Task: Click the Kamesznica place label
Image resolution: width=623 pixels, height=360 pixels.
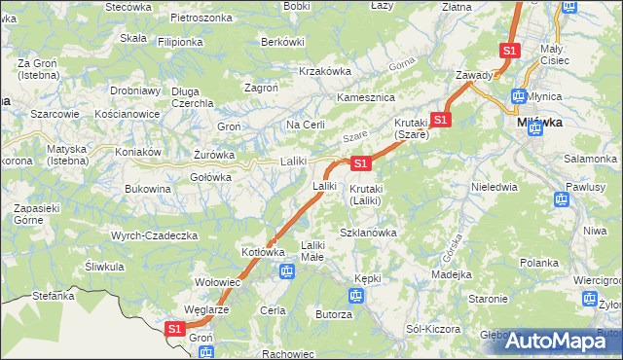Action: pos(364,98)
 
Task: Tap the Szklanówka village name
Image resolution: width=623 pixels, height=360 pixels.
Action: pos(368,233)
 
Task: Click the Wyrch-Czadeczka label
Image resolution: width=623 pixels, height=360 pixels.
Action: pos(155,235)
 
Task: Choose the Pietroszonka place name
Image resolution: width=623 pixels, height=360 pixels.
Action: pos(201,18)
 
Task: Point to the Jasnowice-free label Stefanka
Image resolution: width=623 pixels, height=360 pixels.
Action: pos(54,295)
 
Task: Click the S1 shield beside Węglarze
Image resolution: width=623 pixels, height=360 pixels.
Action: pos(174,330)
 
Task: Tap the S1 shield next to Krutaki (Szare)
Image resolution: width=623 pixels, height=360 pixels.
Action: pos(441,120)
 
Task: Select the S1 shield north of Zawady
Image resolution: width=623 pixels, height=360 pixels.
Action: pos(509,50)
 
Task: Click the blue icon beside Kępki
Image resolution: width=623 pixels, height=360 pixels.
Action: pos(355,295)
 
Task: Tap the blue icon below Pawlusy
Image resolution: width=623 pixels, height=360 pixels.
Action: pos(561,200)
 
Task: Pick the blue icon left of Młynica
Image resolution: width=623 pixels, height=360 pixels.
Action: pos(519,96)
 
